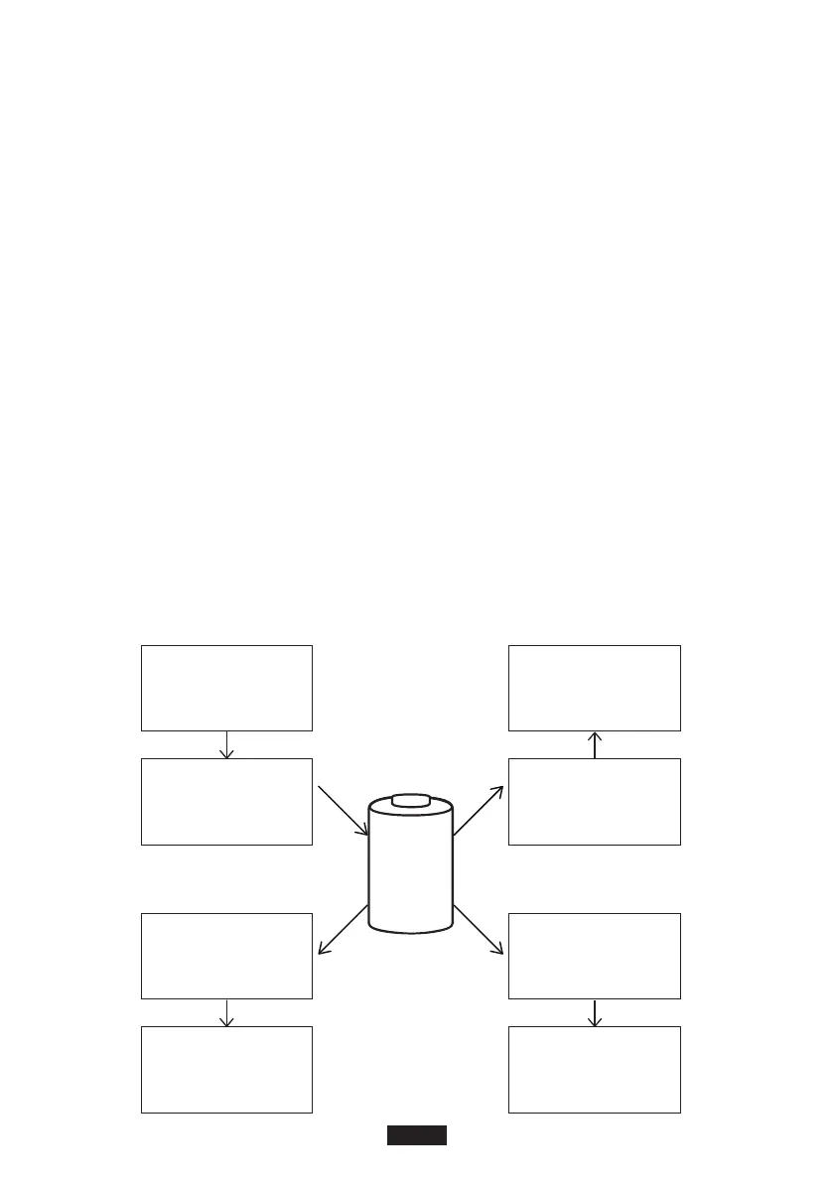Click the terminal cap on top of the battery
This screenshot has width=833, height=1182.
[x=410, y=801]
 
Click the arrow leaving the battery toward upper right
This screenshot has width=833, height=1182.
[x=479, y=811]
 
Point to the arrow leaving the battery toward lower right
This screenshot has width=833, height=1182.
[x=479, y=930]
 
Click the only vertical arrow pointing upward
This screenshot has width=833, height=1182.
[x=594, y=744]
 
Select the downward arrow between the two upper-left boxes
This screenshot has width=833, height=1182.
[x=227, y=744]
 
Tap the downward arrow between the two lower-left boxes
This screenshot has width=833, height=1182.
[x=227, y=1012]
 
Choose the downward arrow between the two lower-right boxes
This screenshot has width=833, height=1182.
[x=594, y=1012]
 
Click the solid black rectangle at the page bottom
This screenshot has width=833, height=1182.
[x=416, y=1135]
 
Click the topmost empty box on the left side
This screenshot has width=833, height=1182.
[x=227, y=688]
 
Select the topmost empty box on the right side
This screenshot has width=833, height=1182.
[x=594, y=688]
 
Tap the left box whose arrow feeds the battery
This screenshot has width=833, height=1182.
[x=227, y=801]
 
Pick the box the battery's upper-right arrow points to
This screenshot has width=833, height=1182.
[x=594, y=801]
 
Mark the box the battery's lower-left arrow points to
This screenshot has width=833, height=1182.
[x=227, y=956]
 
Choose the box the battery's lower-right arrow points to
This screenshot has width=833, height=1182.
[x=594, y=956]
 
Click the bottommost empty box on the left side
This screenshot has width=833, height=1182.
[x=227, y=1069]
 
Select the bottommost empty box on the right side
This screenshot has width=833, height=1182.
[x=594, y=1069]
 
